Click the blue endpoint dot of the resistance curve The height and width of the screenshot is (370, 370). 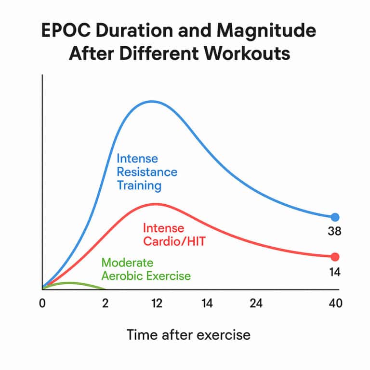click(x=335, y=217)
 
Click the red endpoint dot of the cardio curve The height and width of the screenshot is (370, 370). click(x=335, y=257)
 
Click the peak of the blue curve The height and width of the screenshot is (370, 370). click(x=152, y=101)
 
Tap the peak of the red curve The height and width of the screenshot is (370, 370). click(x=155, y=204)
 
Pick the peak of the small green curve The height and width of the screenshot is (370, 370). click(x=70, y=283)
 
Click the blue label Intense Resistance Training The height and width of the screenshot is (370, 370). click(x=146, y=172)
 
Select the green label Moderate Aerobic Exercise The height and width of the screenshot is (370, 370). click(x=145, y=269)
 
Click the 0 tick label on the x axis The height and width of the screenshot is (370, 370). click(x=43, y=304)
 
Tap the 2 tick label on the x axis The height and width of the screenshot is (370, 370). click(x=105, y=304)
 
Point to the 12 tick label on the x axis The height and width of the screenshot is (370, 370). click(x=156, y=304)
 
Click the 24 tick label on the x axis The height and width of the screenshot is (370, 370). click(x=255, y=304)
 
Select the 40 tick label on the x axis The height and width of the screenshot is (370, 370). click(x=335, y=304)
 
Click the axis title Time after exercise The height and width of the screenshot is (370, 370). click(x=188, y=334)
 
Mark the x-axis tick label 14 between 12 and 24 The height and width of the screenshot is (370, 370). click(x=207, y=304)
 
